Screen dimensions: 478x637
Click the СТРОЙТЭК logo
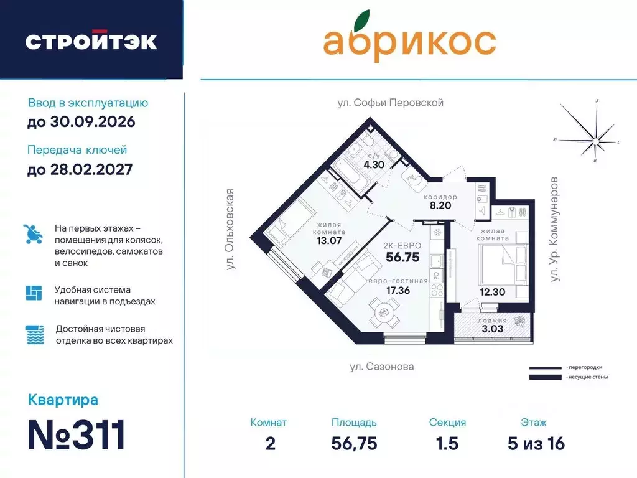click(91, 42)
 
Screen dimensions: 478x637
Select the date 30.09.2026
click(81, 122)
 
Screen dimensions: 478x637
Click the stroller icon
click(34, 234)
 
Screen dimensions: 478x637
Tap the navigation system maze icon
click(34, 293)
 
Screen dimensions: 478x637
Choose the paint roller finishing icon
click(34, 335)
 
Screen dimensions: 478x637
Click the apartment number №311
click(77, 434)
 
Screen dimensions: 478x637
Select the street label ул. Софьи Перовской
click(390, 103)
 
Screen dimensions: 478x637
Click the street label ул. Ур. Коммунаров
click(555, 229)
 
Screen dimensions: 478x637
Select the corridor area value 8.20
click(440, 205)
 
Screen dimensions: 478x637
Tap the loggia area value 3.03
click(491, 329)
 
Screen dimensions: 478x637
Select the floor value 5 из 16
click(536, 443)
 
